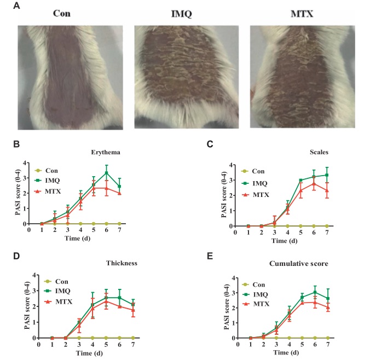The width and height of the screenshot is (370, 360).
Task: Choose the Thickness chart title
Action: point(122,263)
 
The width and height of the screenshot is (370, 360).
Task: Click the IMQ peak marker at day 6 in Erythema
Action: point(107,173)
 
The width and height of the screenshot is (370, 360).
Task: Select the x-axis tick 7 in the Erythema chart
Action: point(119,231)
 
